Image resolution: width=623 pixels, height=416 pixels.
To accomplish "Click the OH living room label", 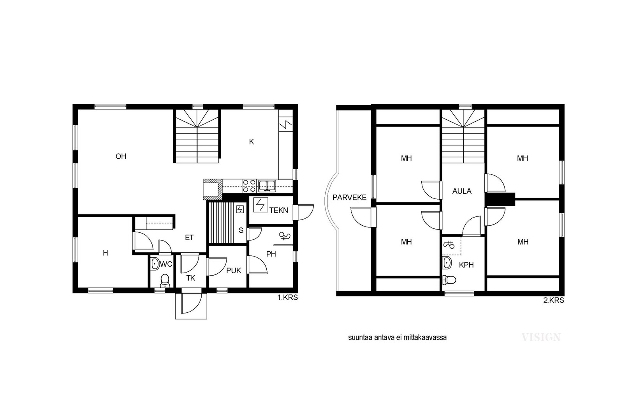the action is coord(121,156).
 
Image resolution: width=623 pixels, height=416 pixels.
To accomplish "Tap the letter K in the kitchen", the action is coord(252,142).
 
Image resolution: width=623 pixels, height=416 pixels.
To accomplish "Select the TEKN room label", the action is coord(279,210).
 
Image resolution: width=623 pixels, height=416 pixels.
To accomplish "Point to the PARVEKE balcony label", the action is coord(350,197).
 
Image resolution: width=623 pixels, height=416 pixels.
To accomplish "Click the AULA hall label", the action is coord(462,191).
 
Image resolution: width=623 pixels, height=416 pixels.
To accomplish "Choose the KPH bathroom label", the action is coord(466,265).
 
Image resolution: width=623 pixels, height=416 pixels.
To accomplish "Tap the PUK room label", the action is coord(234,271).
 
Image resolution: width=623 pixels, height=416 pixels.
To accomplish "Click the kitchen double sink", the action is coord(267,186).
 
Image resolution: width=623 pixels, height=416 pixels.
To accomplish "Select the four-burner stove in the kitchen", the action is coord(249,186).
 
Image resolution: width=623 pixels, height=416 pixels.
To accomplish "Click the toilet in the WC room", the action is coord(165,281).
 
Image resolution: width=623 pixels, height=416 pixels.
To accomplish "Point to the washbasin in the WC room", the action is coord(155,264).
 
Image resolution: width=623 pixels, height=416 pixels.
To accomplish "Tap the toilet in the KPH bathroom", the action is coord(449,279).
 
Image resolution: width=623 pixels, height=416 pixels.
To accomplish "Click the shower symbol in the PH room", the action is coord(285,236).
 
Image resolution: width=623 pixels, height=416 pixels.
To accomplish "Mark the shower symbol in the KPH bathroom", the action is coord(449,245).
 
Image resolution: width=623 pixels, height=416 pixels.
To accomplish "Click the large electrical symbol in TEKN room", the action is coord(260,205).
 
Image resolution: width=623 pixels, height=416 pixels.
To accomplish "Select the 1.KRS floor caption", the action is coord(288,297).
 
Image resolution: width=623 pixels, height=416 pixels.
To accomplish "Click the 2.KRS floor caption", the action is coord(554,300).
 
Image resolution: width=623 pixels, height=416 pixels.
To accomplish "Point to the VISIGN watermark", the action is coord(541,338).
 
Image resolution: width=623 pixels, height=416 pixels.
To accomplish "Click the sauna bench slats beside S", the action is coord(222,223).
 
